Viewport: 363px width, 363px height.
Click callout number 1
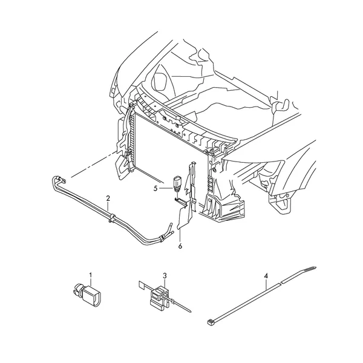click(x=91, y=275)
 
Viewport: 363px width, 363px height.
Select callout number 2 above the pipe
click(x=108, y=198)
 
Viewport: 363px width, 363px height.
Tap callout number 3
click(x=165, y=276)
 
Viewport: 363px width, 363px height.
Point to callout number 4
click(x=266, y=276)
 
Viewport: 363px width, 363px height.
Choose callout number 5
click(x=155, y=189)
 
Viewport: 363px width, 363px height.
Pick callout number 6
click(x=180, y=246)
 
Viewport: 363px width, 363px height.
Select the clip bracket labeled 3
click(x=160, y=297)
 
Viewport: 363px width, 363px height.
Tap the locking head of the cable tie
click(x=210, y=321)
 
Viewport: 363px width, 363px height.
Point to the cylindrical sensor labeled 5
click(x=177, y=185)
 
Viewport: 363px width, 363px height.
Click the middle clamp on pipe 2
click(x=112, y=218)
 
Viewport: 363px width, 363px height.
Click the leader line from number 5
click(x=166, y=189)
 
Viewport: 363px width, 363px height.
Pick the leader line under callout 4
click(x=266, y=283)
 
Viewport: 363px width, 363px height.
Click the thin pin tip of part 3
click(x=189, y=312)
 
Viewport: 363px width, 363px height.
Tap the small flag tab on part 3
click(x=142, y=285)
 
